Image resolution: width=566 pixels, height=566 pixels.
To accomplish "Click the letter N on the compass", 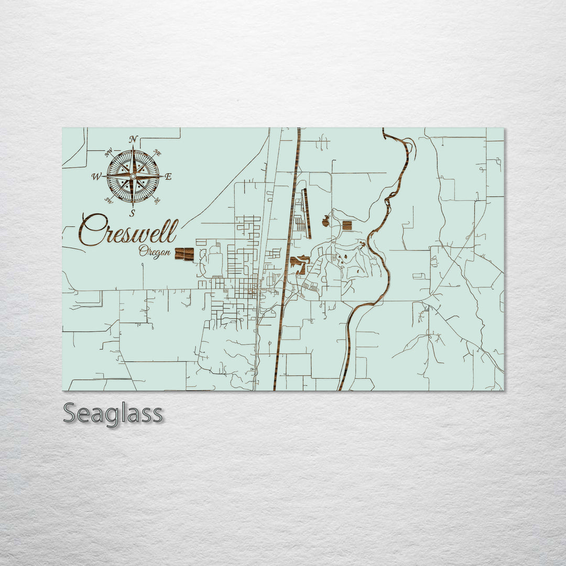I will (133, 139).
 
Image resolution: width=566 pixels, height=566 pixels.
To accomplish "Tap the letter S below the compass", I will (133, 213).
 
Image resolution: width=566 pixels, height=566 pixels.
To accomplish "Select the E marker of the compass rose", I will (168, 177).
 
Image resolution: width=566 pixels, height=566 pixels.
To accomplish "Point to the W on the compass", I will (97, 177).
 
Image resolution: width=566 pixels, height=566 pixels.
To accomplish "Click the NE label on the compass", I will (157, 153).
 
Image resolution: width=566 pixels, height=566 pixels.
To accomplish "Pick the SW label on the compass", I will (109, 200).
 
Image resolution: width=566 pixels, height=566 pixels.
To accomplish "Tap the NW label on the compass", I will (109, 153).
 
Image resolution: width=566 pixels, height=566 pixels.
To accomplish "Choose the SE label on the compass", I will (157, 200).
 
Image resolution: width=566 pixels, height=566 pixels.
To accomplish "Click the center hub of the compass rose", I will (133, 177).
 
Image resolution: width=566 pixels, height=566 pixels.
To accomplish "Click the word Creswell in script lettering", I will (128, 231).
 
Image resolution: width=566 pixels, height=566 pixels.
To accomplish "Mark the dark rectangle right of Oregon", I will (184, 254).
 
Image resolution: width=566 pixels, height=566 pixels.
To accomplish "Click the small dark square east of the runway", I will (346, 226).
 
